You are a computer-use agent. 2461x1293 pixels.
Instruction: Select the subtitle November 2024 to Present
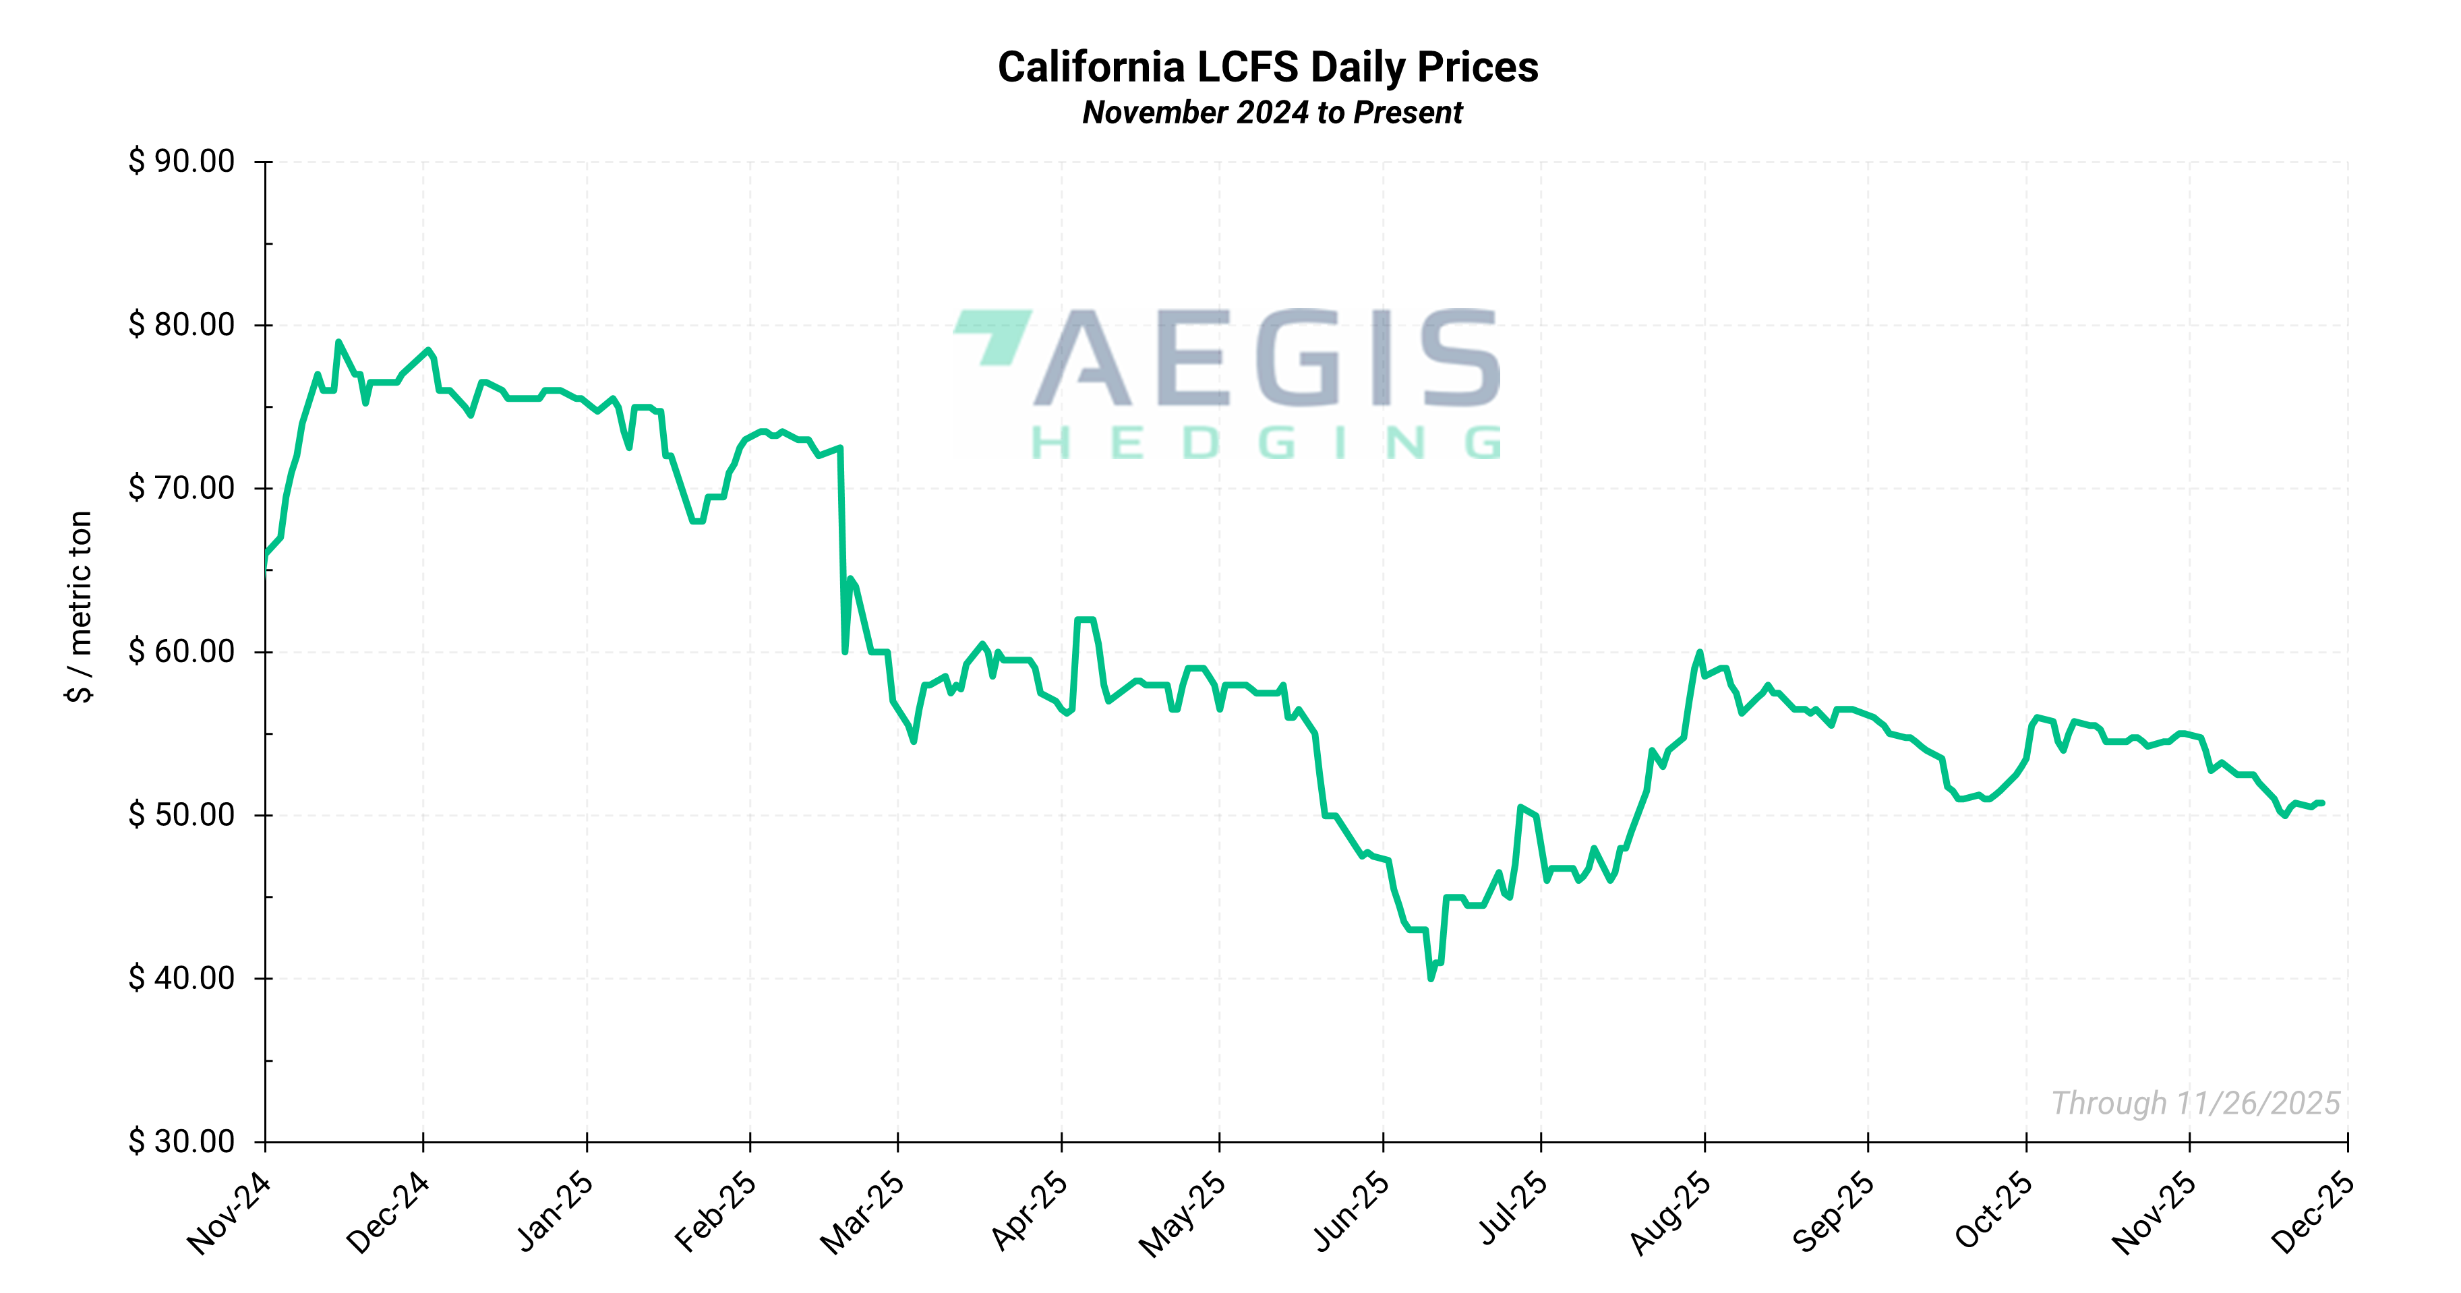(1272, 113)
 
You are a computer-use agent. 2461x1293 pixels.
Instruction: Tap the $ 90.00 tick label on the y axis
(181, 161)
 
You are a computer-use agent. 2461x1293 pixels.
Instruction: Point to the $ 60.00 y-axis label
(181, 651)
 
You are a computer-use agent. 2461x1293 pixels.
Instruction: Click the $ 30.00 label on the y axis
(181, 1141)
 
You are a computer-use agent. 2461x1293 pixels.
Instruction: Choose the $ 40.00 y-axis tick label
(181, 978)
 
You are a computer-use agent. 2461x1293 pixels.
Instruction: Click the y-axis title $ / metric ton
(80, 607)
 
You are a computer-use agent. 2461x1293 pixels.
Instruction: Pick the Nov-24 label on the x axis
(230, 1213)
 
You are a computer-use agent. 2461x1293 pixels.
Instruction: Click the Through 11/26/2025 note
(2195, 1103)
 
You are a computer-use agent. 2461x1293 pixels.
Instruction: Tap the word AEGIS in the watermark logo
(1280, 358)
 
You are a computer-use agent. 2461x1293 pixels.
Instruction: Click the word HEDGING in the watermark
(1266, 443)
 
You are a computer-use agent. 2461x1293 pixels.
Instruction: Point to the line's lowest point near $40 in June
(1430, 978)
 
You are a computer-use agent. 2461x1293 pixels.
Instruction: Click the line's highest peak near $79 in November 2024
(338, 342)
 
